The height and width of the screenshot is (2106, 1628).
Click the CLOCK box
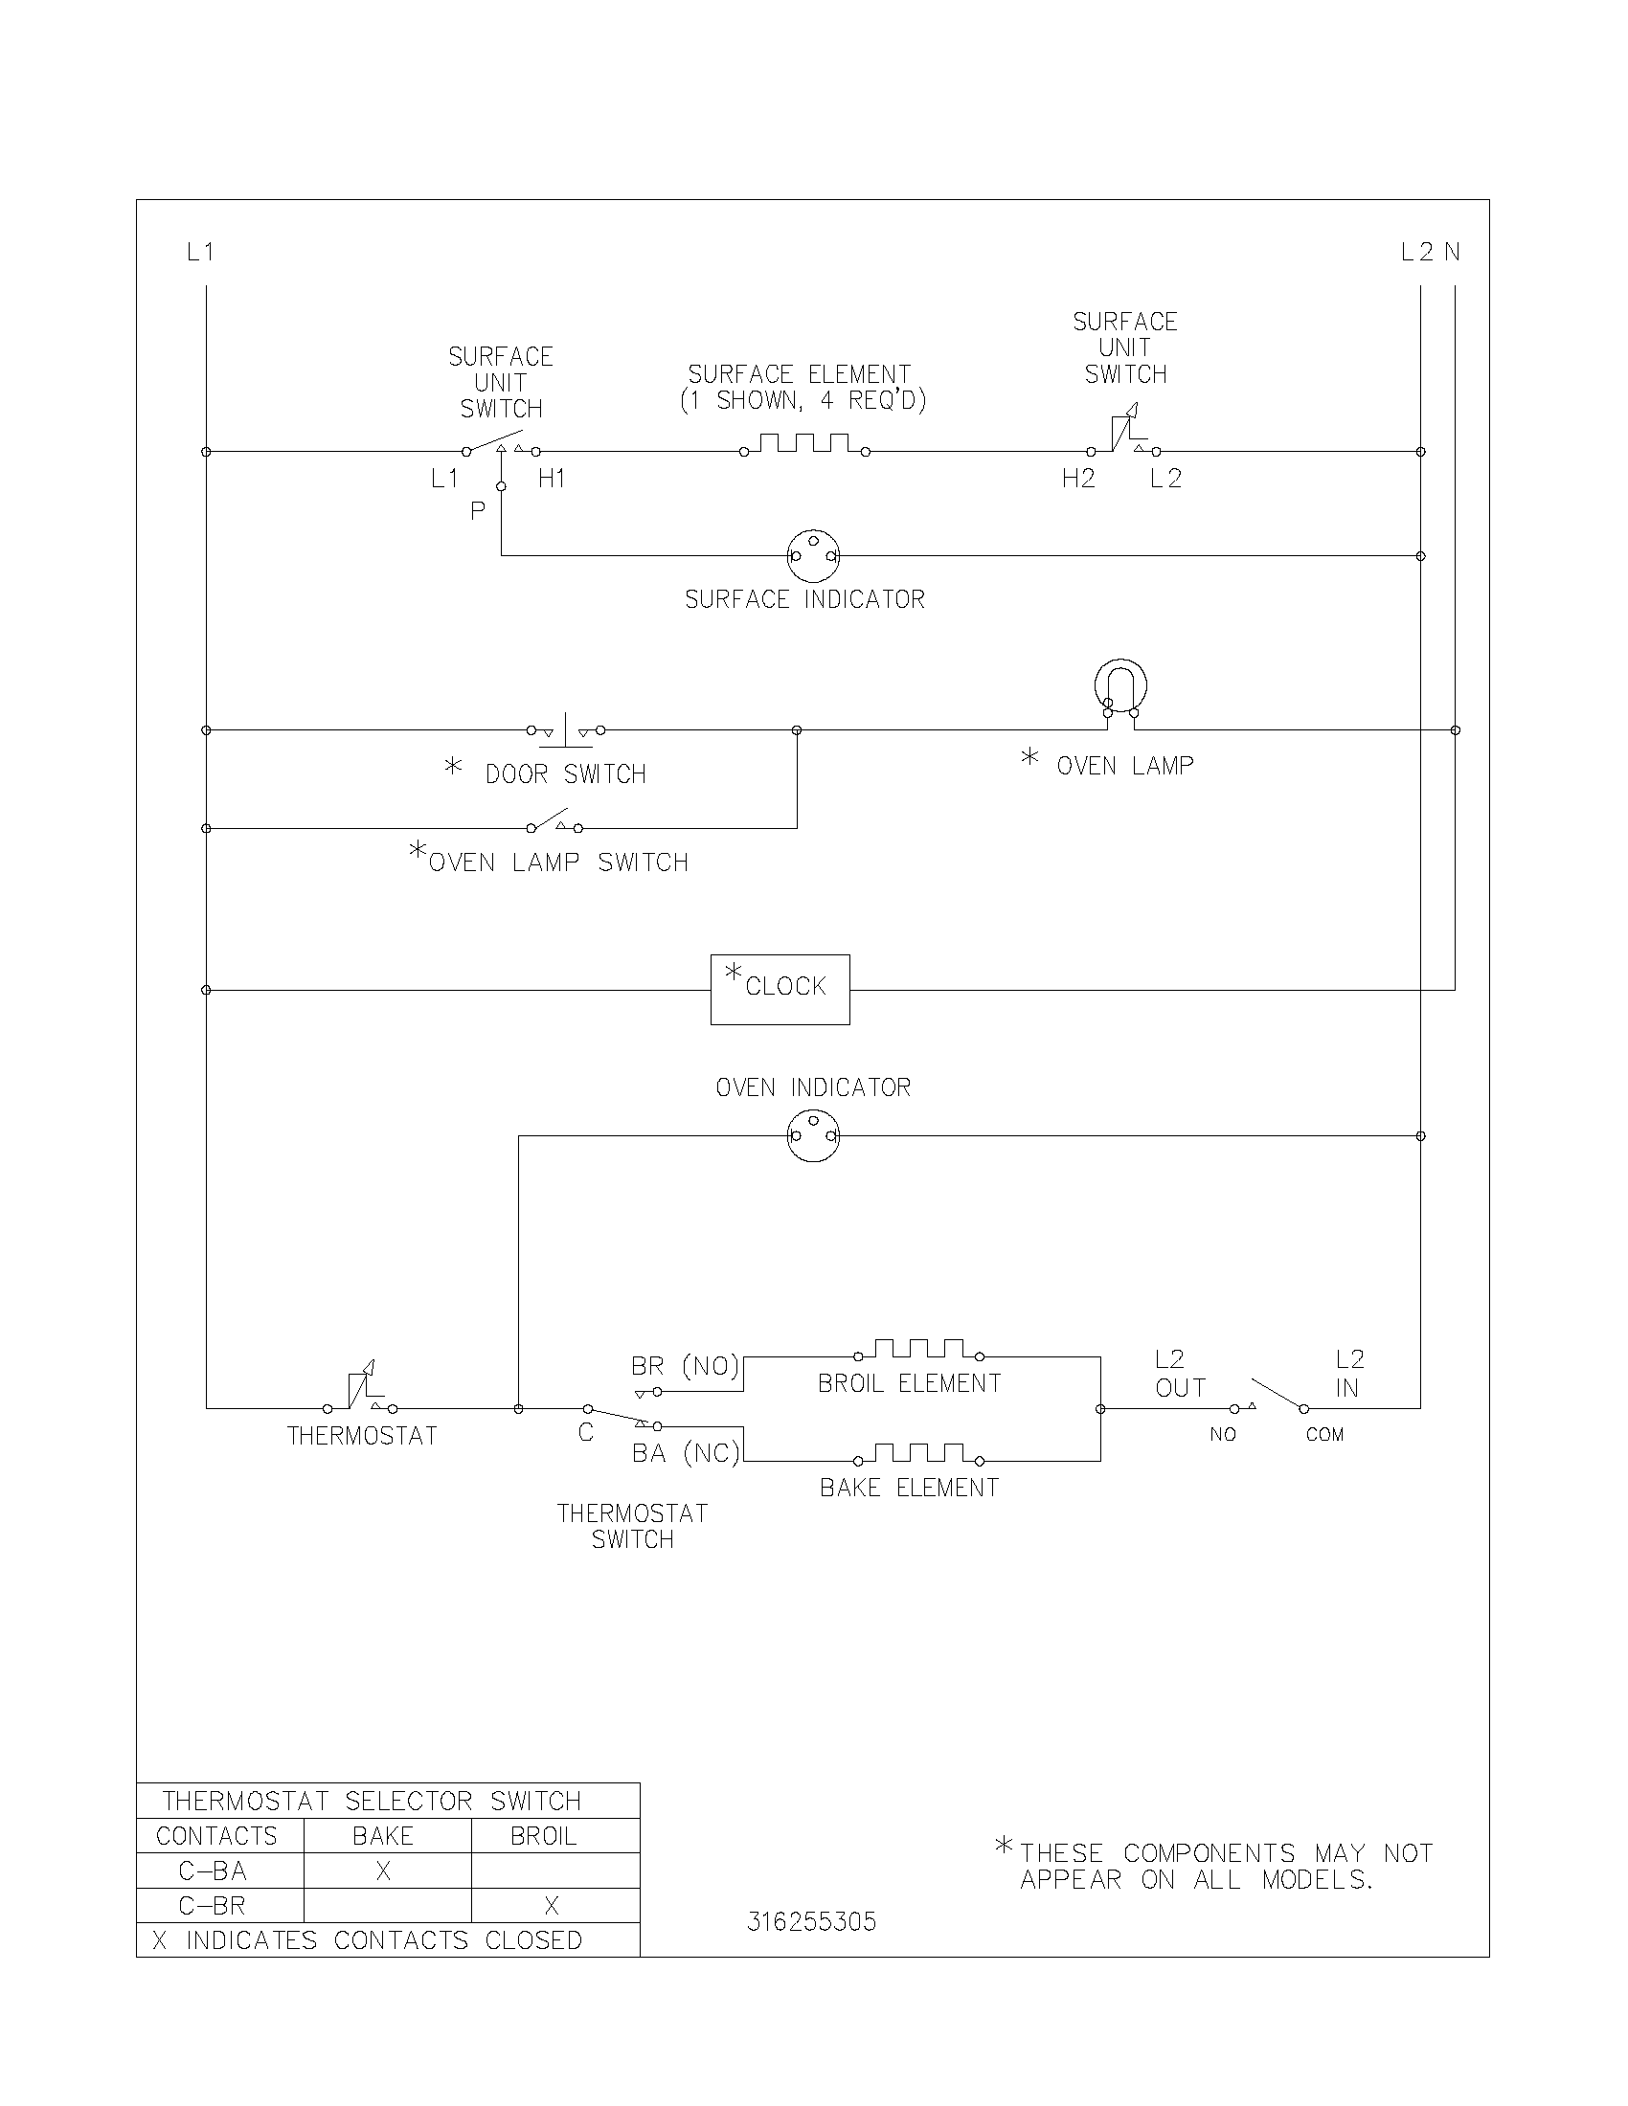coord(780,990)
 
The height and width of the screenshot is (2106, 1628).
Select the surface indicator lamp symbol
coord(813,555)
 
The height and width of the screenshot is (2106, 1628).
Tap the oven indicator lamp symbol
coord(813,1136)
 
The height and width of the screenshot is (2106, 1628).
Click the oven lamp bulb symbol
coord(1120,687)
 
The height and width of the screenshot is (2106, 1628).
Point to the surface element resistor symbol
coord(804,444)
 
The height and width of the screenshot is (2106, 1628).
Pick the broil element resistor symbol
coord(919,1349)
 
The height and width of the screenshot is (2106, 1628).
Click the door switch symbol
coord(566,731)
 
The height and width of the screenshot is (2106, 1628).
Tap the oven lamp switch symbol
coord(554,824)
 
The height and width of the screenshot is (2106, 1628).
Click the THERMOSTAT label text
coord(363,1436)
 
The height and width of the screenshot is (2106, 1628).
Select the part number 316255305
coord(811,1922)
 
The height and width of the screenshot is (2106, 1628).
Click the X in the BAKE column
coord(383,1871)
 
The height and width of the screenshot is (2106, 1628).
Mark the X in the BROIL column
coord(552,1905)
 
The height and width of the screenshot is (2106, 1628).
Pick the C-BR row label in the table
coord(213,1905)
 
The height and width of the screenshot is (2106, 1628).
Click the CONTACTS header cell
coord(217,1836)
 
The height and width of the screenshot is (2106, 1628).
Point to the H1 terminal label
coord(552,479)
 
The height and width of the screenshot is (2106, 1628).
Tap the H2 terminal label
coord(1078,479)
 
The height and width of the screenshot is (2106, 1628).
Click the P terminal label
coord(478,511)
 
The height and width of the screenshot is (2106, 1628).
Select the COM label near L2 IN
coord(1324,1435)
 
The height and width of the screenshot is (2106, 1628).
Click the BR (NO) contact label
coord(685,1366)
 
